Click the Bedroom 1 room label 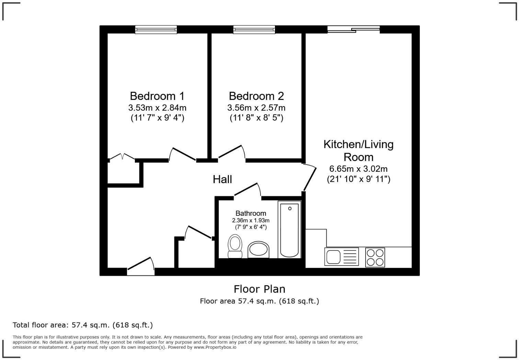157,95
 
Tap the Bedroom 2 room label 256,95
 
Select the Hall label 222,179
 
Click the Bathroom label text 251,213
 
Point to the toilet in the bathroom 235,246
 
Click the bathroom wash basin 258,250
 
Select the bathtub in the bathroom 289,229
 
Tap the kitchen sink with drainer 341,257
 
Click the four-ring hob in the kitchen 375,257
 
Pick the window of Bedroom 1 156,30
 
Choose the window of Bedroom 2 254,30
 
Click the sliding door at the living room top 354,30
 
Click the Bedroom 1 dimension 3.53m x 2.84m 157,108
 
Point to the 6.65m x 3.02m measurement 358,169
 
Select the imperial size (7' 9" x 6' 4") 251,227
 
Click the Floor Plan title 259,289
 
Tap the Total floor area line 83,325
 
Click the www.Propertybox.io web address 215,347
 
